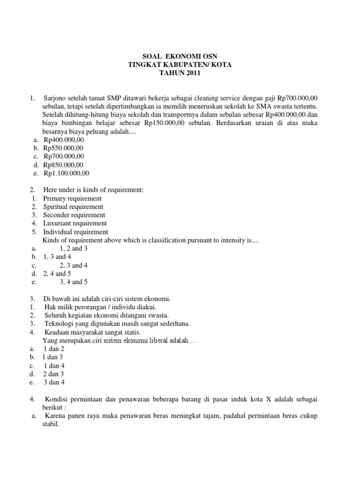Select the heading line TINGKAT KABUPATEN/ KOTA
coord(180,64)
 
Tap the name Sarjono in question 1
coord(55,98)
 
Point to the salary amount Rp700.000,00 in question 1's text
coord(297,98)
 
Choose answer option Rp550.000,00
coord(64,148)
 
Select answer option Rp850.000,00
coord(64,165)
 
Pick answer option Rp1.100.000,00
coord(66,173)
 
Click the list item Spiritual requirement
coord(74,207)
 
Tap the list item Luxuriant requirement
coord(75,224)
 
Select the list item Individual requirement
coord(75,232)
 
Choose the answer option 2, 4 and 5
coord(57,274)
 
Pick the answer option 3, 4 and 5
coord(74,282)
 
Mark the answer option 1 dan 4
coord(54,366)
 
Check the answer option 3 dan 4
coord(54,382)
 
